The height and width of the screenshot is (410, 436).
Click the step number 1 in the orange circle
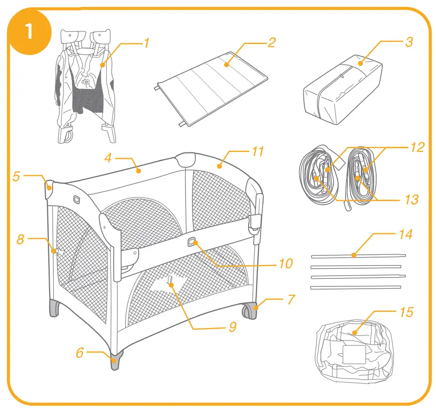point(29,33)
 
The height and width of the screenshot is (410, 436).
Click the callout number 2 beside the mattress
point(271,43)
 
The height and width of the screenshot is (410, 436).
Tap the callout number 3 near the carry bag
point(409,42)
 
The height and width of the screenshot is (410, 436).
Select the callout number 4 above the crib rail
point(108,158)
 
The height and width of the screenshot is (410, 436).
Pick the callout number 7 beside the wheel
point(290,299)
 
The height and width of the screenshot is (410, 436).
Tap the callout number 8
point(20,240)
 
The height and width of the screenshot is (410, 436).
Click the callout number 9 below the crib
point(232,327)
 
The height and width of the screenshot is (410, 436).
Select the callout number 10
point(286,264)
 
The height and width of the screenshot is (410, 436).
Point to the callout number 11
point(258,151)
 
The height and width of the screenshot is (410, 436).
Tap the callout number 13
point(411,200)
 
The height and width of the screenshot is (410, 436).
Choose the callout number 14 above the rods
point(405,234)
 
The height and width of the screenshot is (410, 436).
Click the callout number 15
point(406,312)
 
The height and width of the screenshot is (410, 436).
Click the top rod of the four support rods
point(357,255)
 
